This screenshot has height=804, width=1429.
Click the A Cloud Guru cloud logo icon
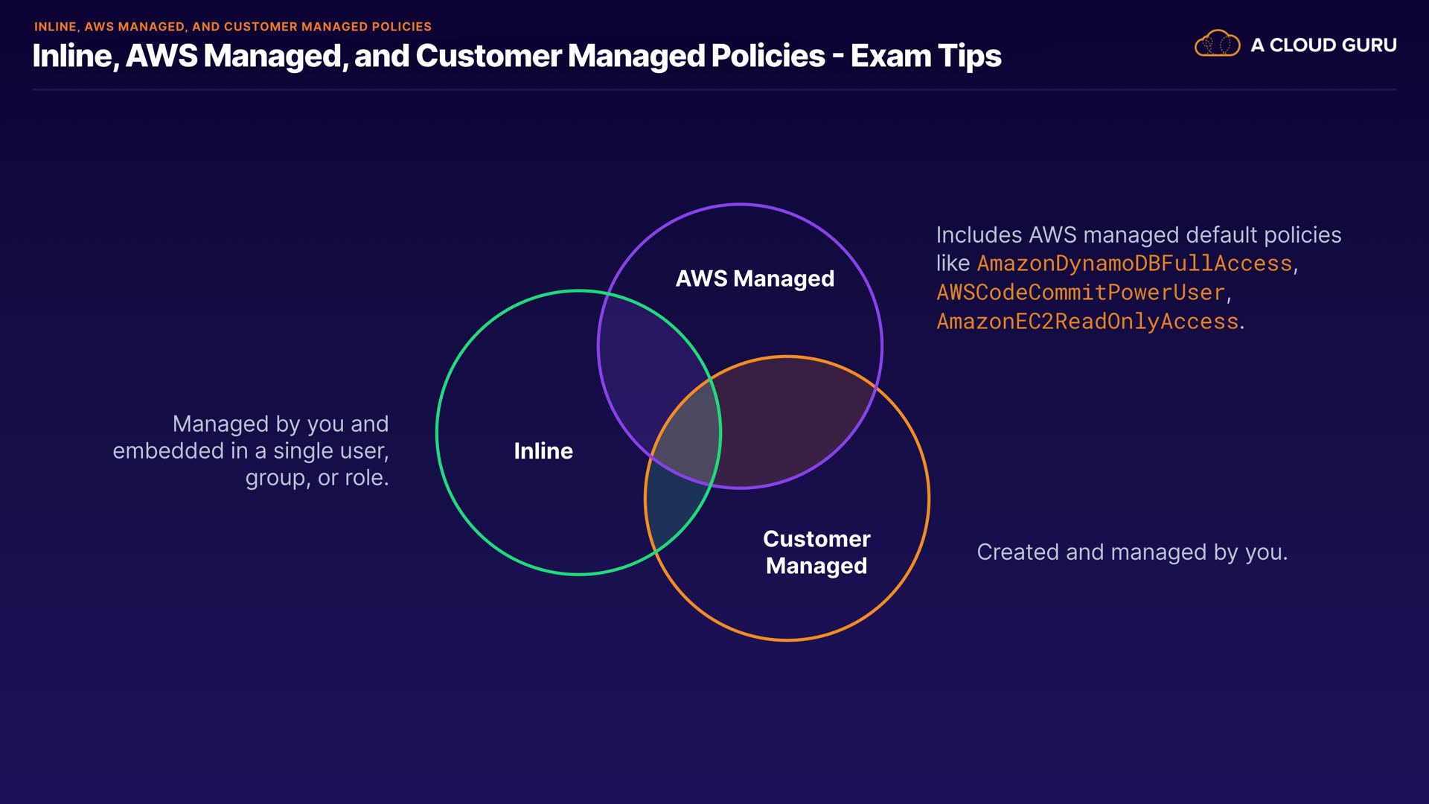(x=1217, y=44)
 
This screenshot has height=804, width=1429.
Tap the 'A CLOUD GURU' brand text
(x=1323, y=45)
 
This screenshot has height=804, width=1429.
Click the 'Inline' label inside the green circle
(x=543, y=451)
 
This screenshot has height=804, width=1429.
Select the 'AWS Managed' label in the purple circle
(x=755, y=278)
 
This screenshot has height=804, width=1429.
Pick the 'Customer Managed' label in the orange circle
(x=816, y=552)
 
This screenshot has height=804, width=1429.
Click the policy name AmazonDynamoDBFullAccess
(x=1134, y=264)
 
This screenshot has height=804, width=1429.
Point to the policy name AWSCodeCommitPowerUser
(x=1080, y=293)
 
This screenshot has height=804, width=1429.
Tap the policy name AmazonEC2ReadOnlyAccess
(x=1087, y=322)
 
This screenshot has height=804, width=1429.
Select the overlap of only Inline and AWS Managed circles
(x=648, y=372)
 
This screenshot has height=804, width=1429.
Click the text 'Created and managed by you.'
(x=1131, y=552)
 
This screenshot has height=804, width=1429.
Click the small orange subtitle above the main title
(x=232, y=27)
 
